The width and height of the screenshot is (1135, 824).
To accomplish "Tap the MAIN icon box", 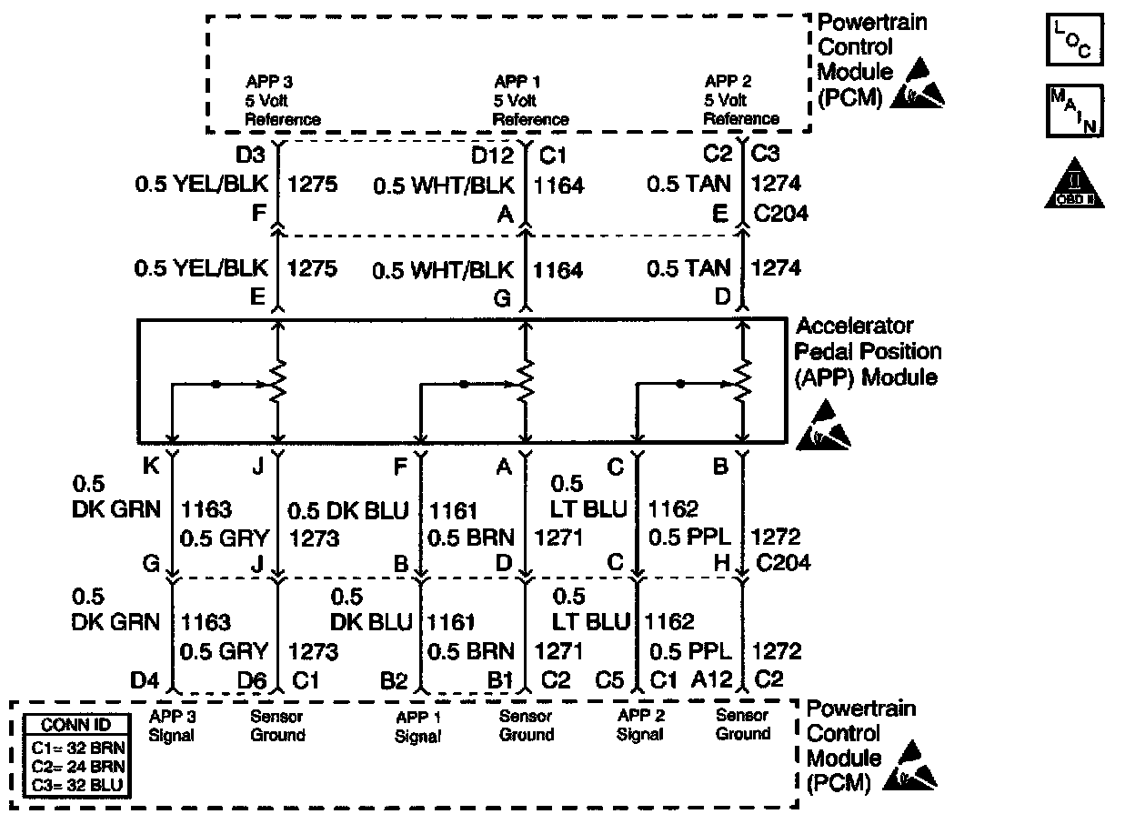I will click(x=1075, y=110).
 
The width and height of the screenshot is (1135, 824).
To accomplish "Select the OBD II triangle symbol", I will click(x=1075, y=185).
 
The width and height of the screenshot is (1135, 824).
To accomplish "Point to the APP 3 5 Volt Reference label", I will click(x=282, y=100).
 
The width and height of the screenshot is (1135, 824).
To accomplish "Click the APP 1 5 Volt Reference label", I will click(x=530, y=100).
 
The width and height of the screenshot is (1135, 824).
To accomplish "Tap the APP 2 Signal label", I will click(x=641, y=726).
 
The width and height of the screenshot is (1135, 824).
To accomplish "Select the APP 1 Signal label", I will click(x=417, y=726).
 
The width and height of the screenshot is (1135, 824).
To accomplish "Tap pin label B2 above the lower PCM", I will click(x=393, y=679).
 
